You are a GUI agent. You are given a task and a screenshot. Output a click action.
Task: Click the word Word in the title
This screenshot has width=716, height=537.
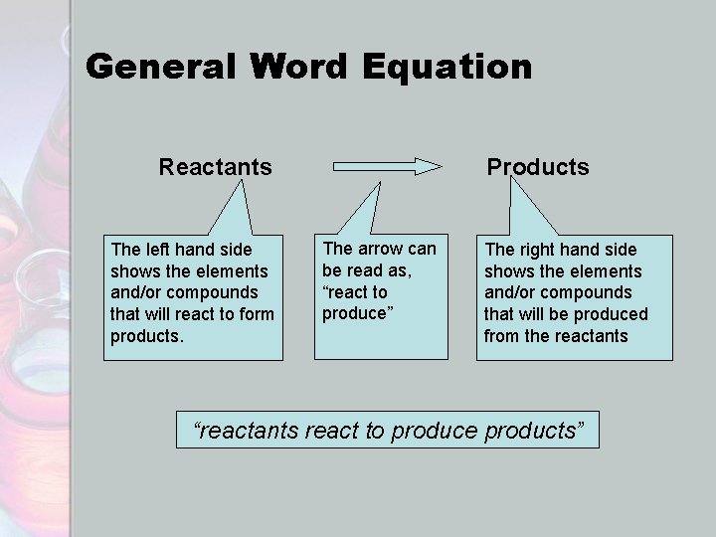pos(299,68)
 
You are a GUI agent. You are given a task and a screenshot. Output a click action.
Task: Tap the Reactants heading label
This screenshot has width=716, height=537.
pos(215,166)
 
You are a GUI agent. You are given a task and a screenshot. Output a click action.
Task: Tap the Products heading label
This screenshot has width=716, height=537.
pos(537,167)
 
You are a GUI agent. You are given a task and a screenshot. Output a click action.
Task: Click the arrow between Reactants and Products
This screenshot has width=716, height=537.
pos(387,165)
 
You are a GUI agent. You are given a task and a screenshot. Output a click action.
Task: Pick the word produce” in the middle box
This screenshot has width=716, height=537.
pos(353,313)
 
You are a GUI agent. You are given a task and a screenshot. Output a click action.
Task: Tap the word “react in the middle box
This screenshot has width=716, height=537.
pos(344,292)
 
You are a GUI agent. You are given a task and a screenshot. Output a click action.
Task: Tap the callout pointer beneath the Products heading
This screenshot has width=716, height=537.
pos(528,214)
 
